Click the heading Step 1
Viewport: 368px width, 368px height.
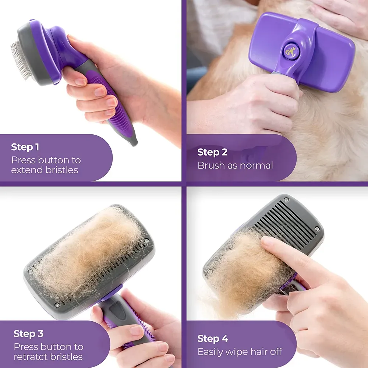click(x=25, y=147)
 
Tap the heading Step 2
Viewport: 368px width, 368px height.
click(x=212, y=152)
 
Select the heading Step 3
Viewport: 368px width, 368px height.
click(x=28, y=334)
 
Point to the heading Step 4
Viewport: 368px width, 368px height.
click(x=213, y=339)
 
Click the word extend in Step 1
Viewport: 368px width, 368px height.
click(x=27, y=170)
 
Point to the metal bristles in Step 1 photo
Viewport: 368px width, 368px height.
click(x=18, y=61)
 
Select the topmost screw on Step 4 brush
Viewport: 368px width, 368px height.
click(x=286, y=200)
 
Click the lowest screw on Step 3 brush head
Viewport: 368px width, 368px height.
click(x=57, y=305)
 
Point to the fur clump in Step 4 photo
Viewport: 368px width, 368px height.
click(x=243, y=272)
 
